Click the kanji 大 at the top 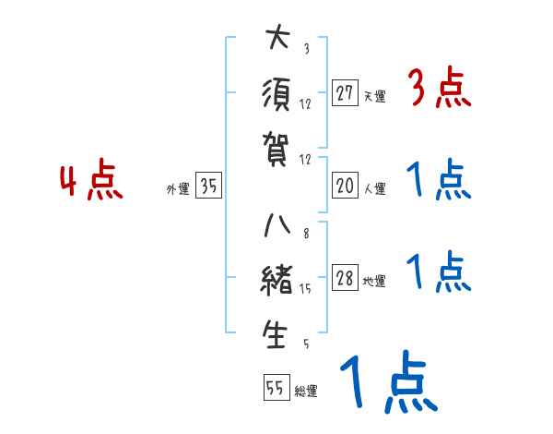(x=276, y=40)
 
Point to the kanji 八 (x=276, y=227)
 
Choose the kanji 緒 (x=276, y=281)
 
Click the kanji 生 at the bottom (x=276, y=334)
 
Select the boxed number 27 (x=346, y=93)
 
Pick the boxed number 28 (x=346, y=279)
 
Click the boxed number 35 (x=209, y=187)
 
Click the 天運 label (x=374, y=96)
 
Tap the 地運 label (x=374, y=282)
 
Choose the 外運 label (x=177, y=189)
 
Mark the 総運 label (x=306, y=391)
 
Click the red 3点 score (x=439, y=90)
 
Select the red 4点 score (x=91, y=181)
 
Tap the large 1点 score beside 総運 (x=387, y=384)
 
